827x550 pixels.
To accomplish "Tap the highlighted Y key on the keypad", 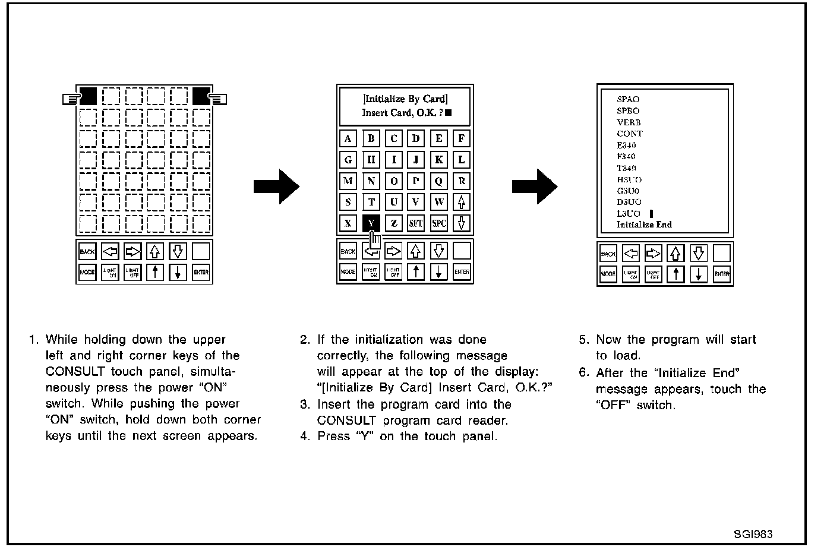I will (x=371, y=223).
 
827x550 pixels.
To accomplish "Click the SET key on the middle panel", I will (x=416, y=223).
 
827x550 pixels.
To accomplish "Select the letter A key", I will (x=348, y=139).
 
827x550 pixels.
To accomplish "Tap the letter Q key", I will (x=438, y=181).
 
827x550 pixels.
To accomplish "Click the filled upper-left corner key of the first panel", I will (x=88, y=96).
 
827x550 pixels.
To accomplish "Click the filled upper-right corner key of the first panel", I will (x=201, y=96).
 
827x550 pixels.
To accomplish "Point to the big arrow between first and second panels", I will (x=276, y=187).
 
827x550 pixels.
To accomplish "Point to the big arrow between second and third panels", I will (x=535, y=187).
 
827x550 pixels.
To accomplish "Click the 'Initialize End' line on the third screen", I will (x=644, y=225).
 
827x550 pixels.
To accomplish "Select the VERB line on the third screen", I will (x=629, y=122).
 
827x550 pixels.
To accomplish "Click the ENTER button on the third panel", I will (x=722, y=274).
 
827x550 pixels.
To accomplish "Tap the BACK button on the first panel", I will (x=87, y=252).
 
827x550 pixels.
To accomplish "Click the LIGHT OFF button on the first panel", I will (x=132, y=273).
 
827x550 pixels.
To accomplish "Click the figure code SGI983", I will (x=753, y=534).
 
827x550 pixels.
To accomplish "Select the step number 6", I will (x=583, y=373).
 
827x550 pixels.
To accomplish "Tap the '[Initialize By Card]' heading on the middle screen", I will (x=405, y=99).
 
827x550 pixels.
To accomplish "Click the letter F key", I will (x=462, y=139).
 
